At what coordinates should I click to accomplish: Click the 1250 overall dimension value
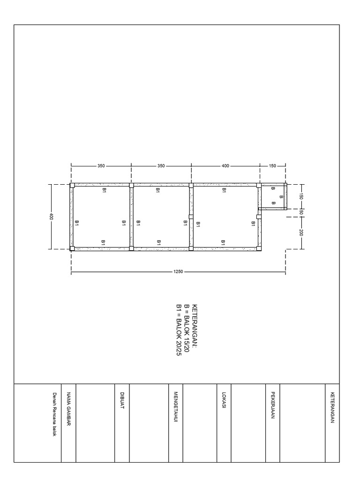tap(178, 271)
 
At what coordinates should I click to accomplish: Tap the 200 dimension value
tap(301, 232)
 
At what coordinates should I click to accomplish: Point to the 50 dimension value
tap(301, 212)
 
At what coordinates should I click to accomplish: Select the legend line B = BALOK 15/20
tap(187, 328)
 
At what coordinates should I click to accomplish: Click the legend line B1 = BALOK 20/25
tap(179, 330)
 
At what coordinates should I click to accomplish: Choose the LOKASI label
tap(224, 400)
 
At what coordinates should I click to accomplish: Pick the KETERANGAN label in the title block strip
tap(332, 407)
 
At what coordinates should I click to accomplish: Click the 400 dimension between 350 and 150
tap(225, 166)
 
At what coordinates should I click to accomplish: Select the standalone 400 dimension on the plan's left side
tap(51, 217)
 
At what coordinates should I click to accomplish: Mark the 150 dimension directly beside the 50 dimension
tap(301, 196)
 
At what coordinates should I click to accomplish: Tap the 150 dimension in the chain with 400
tap(272, 166)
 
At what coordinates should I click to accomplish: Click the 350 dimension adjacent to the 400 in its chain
tap(161, 166)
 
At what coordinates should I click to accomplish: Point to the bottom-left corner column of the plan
tap(72, 248)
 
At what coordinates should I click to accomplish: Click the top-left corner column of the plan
tap(72, 185)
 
